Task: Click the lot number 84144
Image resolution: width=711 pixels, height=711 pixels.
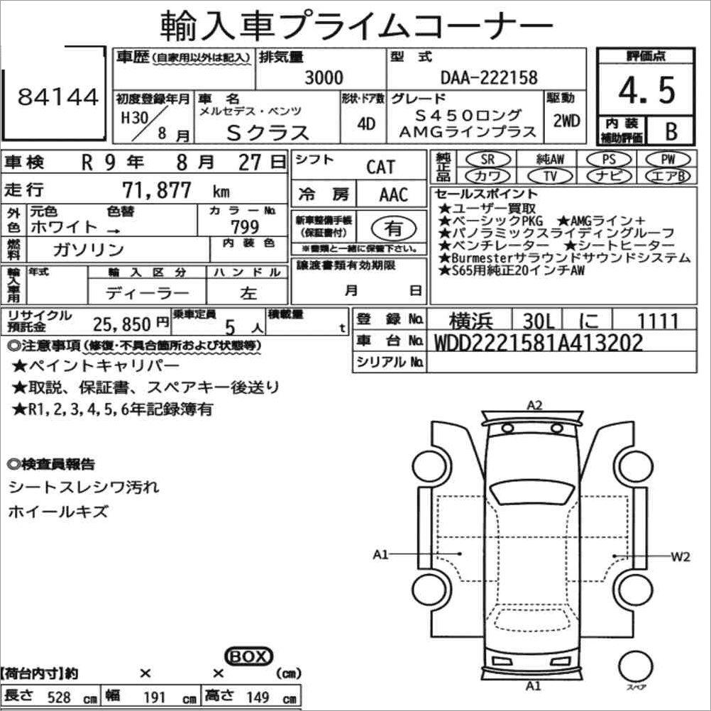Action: pyautogui.click(x=58, y=97)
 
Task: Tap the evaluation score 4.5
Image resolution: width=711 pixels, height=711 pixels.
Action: pyautogui.click(x=647, y=90)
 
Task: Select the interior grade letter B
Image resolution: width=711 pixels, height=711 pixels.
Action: pyautogui.click(x=671, y=131)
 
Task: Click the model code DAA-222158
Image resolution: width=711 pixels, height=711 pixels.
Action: pyautogui.click(x=489, y=77)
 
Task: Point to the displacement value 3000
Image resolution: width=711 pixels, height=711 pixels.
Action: pyautogui.click(x=324, y=77)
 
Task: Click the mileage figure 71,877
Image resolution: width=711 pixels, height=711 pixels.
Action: pyautogui.click(x=157, y=189)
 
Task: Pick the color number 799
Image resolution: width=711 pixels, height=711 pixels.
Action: pyautogui.click(x=245, y=226)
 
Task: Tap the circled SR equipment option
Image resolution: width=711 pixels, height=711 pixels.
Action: pyautogui.click(x=488, y=159)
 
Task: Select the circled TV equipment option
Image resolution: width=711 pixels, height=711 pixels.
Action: pyautogui.click(x=550, y=175)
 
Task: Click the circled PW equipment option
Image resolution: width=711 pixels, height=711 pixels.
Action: pyautogui.click(x=668, y=159)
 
